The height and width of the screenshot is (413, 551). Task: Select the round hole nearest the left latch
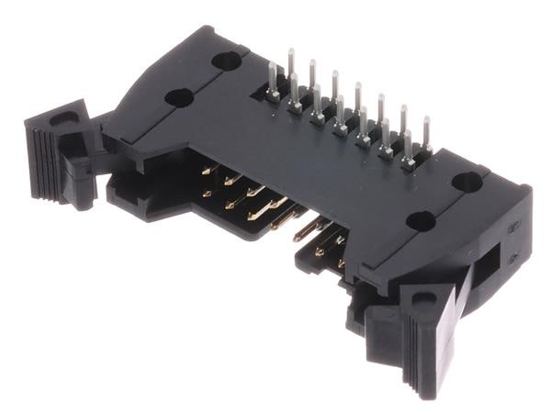pyautogui.click(x=178, y=97)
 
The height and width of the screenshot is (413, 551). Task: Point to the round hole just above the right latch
pyautogui.click(x=421, y=221)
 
